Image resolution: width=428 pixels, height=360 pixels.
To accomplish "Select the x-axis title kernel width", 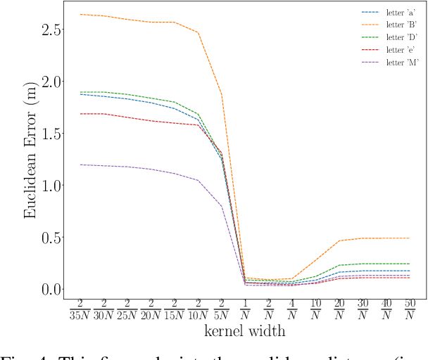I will tap(244, 330).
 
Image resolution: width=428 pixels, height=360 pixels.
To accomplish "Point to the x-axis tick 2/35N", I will tap(79, 310).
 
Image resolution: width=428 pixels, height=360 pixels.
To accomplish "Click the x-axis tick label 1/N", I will tap(245, 310).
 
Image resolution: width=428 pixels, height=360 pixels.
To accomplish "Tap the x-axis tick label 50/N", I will tap(410, 310).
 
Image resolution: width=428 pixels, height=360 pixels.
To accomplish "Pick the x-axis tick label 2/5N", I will tap(221, 310).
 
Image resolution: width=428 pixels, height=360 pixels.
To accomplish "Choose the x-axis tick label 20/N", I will tap(339, 310).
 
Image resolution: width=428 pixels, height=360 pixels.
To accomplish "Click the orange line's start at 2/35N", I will tap(80, 14).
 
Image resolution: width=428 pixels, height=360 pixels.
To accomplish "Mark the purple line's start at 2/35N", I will tap(80, 165).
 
